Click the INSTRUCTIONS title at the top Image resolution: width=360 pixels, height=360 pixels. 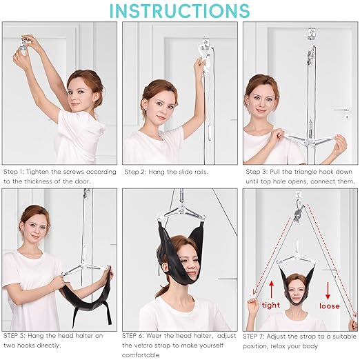pyautogui.click(x=180, y=10)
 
